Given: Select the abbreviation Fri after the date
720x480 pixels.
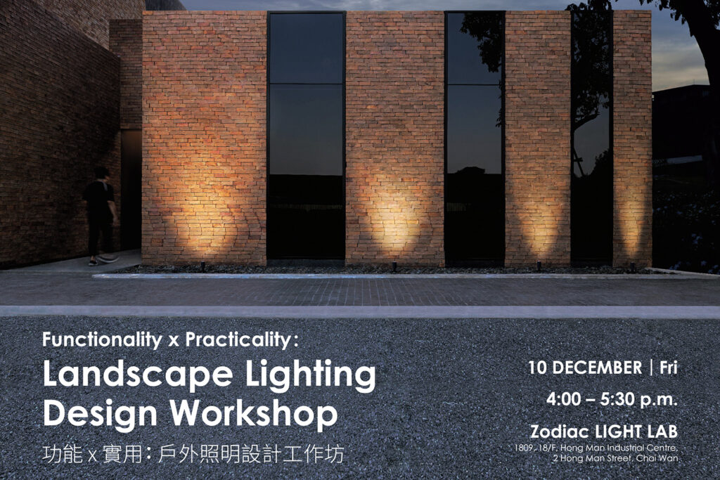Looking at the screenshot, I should [668, 368].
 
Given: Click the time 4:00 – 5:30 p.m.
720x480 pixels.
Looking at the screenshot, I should [612, 399].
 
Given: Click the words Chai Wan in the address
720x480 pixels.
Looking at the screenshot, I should [657, 459].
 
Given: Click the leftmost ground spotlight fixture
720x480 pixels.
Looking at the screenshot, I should [203, 266].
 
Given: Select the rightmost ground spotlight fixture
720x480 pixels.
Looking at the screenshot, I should [632, 266].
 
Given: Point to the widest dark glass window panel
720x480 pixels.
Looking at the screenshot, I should [306, 137].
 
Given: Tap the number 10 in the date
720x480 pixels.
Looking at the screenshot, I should [539, 368].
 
